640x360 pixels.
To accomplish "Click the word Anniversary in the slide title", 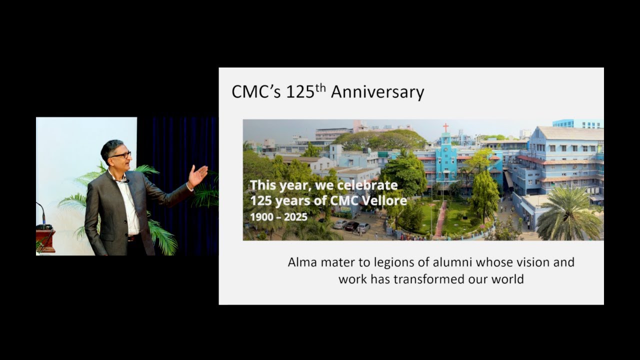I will click(377, 92).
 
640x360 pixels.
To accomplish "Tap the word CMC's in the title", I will click(256, 92).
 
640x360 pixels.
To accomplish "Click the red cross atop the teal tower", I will click(445, 127).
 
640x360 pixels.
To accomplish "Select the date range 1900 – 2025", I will click(278, 218).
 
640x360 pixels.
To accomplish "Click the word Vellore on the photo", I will click(385, 202).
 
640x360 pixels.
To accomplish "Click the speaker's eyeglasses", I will click(121, 155).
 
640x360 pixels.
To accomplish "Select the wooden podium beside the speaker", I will click(45, 240).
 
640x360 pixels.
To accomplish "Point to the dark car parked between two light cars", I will click(352, 226).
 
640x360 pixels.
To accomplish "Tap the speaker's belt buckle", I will click(131, 238).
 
